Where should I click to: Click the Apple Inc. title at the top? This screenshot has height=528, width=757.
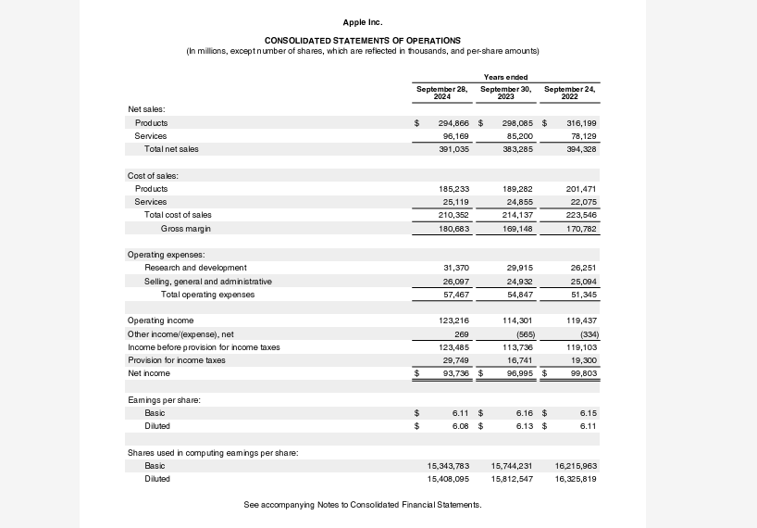pos(362,21)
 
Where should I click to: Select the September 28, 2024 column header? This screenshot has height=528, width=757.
pos(441,92)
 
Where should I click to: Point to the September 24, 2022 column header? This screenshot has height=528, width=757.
pos(569,92)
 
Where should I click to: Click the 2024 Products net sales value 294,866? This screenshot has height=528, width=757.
pos(453,122)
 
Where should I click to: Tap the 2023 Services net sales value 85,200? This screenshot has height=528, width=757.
pos(517,135)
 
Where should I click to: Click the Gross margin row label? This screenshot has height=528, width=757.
pos(185,228)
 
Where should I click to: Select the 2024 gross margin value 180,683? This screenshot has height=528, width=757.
pos(453,228)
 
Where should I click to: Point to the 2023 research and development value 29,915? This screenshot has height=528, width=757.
pos(519,267)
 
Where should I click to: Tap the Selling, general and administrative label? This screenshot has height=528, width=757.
pos(208,281)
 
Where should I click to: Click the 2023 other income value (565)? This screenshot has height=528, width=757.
pos(525,333)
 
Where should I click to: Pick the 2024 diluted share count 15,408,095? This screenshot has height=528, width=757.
pos(448,479)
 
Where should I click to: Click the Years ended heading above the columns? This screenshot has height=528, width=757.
pos(505,77)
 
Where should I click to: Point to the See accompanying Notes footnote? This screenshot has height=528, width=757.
pos(362,504)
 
